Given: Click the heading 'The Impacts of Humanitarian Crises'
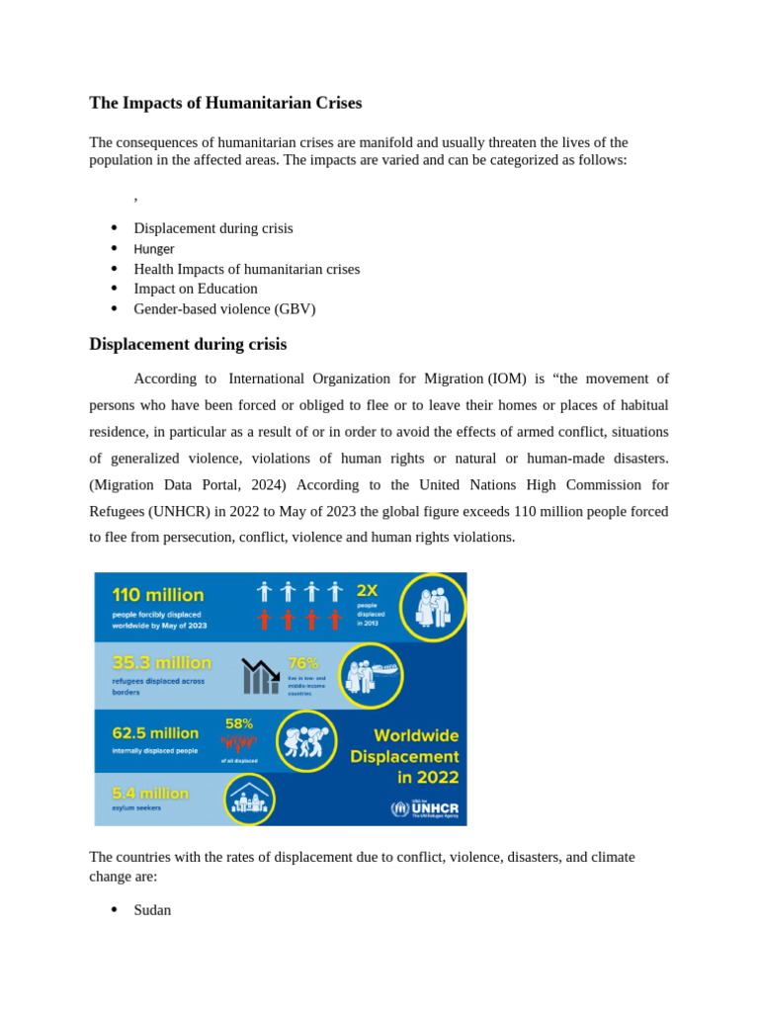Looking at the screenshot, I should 225,103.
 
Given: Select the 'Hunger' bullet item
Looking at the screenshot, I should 154,249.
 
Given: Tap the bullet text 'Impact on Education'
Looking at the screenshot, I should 196,289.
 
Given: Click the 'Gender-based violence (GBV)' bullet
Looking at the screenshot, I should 224,309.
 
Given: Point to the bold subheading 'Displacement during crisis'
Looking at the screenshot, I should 188,345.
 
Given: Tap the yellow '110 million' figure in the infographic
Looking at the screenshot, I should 158,595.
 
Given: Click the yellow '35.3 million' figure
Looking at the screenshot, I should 161,662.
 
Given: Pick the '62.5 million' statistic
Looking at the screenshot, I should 155,733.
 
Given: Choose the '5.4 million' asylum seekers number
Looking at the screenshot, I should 150,793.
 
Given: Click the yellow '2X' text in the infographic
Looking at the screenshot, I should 367,590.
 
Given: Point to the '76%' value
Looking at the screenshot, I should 302,662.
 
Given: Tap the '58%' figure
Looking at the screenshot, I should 239,723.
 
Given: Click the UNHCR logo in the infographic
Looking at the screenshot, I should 425,808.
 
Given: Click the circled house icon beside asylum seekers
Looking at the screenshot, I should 249,799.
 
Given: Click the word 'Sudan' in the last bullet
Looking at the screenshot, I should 152,909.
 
